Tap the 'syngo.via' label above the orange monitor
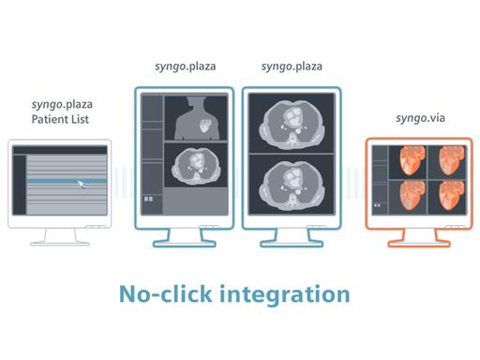pos(419,120)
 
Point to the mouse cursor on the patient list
pos(82,183)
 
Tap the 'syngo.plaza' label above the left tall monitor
pos(187,68)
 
